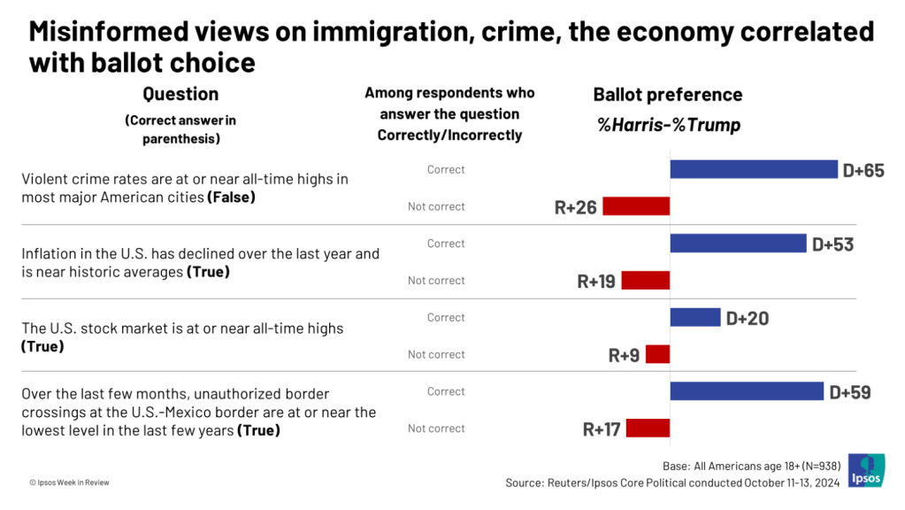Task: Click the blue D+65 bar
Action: point(754,169)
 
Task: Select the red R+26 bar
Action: point(636,206)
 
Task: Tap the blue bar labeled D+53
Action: point(738,243)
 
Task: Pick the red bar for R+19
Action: point(646,281)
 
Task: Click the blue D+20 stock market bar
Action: point(695,317)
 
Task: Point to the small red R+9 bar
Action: point(657,354)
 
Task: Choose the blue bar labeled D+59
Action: point(747,391)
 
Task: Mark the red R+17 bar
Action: point(648,429)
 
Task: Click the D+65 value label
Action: point(863,170)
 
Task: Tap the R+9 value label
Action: point(624,355)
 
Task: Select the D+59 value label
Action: point(849,391)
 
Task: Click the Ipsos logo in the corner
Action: point(866,470)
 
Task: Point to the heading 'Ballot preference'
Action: point(667,95)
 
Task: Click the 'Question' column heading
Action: point(180,94)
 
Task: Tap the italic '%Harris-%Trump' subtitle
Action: point(668,125)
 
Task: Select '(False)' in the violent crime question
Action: point(231,197)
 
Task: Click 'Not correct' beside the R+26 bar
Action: point(436,206)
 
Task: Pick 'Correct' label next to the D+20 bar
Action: point(446,317)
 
